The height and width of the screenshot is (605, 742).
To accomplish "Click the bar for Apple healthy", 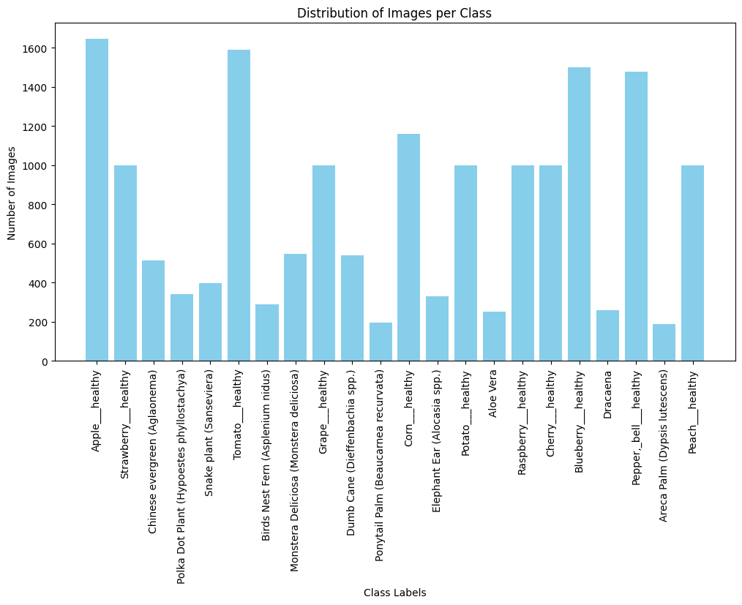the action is pyautogui.click(x=97, y=200).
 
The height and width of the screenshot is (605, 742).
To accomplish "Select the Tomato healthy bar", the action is pyautogui.click(x=239, y=206).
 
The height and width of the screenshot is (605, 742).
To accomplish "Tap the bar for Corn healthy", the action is pyautogui.click(x=408, y=247).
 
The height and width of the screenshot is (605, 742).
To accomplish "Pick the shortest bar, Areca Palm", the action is pyautogui.click(x=664, y=342).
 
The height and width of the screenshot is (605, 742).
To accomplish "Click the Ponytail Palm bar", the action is pyautogui.click(x=381, y=342).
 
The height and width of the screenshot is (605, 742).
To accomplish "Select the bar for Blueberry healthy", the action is pyautogui.click(x=579, y=214).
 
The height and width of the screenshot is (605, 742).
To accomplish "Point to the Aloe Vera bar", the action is pyautogui.click(x=494, y=337).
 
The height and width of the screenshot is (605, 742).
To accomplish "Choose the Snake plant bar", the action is pyautogui.click(x=210, y=322).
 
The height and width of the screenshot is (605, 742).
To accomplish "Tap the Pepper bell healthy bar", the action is pyautogui.click(x=636, y=216).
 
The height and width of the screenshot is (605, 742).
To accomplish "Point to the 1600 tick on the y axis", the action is pyautogui.click(x=34, y=49).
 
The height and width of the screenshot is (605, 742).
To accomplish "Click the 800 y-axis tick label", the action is pyautogui.click(x=38, y=206).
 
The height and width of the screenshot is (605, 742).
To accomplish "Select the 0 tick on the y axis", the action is pyautogui.click(x=45, y=362).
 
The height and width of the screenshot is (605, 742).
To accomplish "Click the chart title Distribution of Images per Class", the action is pyautogui.click(x=394, y=13).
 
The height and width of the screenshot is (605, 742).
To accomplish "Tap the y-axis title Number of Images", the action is pyautogui.click(x=12, y=193).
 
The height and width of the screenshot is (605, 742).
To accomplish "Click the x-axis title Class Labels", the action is pyautogui.click(x=394, y=593).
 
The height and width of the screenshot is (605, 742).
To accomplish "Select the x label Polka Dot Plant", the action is pyautogui.click(x=181, y=477).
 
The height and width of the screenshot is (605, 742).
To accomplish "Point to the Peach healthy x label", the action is pyautogui.click(x=693, y=413).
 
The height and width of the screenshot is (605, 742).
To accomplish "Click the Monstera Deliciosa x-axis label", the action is pyautogui.click(x=295, y=471).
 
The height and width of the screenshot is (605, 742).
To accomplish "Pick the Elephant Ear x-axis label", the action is pyautogui.click(x=437, y=441).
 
